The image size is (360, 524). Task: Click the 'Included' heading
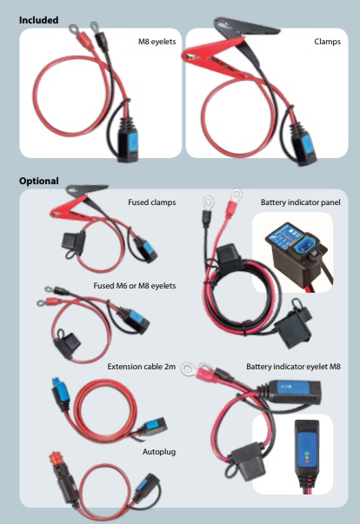tap(38, 20)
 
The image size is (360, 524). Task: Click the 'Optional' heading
tap(39, 181)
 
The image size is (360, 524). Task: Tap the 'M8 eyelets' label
tap(157, 42)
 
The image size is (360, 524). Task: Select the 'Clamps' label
tap(327, 42)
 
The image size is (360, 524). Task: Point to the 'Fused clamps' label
tap(152, 202)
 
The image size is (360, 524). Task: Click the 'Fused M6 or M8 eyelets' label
tap(135, 286)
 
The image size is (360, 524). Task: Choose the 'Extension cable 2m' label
tap(142, 367)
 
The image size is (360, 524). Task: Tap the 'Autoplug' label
tap(159, 452)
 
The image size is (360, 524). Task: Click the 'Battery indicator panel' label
tap(301, 202)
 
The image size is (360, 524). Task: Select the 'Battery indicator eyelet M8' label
tap(293, 367)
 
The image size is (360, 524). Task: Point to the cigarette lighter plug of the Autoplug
tap(63, 477)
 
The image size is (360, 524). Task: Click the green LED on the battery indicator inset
tap(306, 454)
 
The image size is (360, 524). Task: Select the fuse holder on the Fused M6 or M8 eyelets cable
tap(69, 344)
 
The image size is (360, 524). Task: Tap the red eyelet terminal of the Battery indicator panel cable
tap(234, 202)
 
